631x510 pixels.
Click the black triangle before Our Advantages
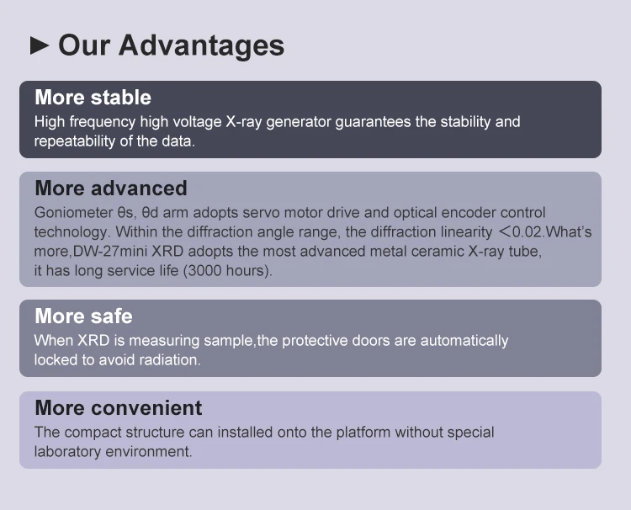point(40,45)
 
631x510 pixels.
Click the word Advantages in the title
point(201,45)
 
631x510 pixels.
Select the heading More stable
point(93,97)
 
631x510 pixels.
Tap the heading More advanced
point(110,188)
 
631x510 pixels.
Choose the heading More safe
point(83,316)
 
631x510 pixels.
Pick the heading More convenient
point(118,408)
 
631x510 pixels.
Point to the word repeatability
point(72,141)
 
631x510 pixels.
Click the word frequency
point(104,122)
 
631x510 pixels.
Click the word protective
point(315,341)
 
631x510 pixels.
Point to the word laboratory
point(67,451)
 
